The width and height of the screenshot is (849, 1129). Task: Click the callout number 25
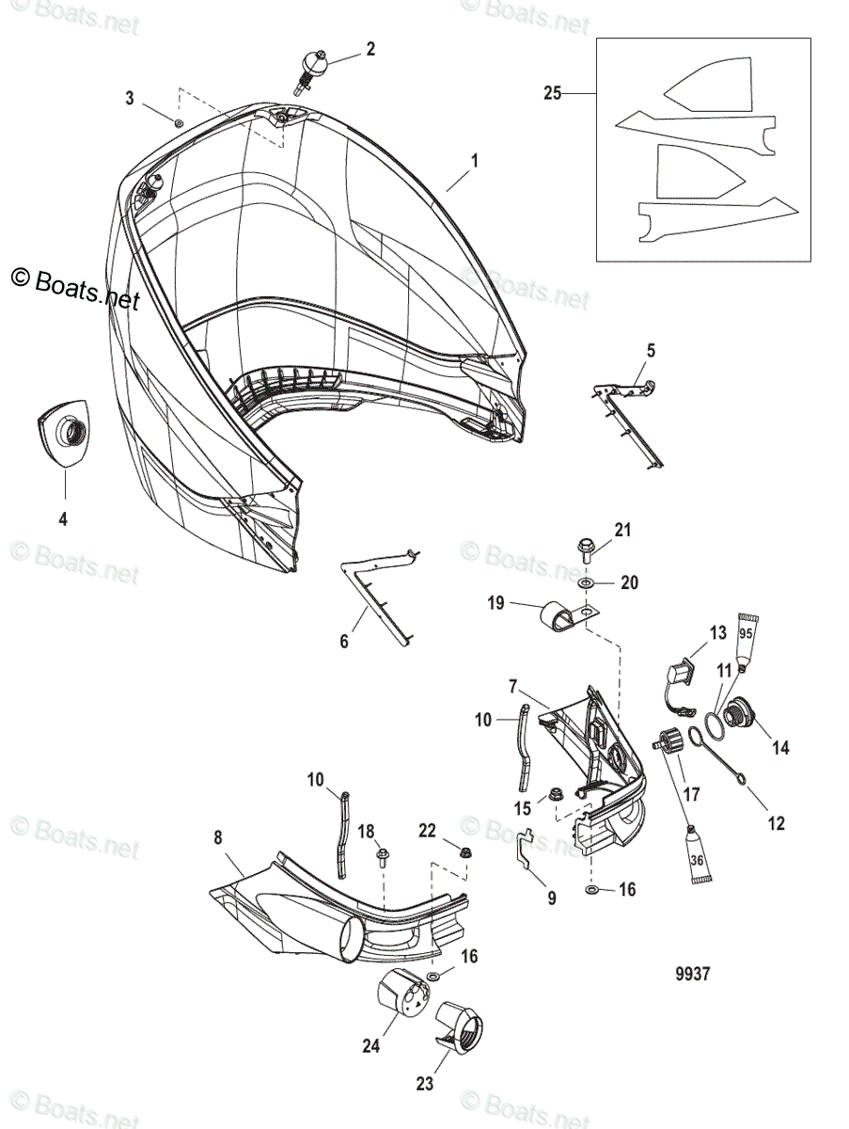(552, 93)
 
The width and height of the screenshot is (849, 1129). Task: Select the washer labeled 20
(586, 584)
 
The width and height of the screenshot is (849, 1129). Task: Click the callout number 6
(344, 642)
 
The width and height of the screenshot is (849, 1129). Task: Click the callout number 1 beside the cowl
(475, 161)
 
